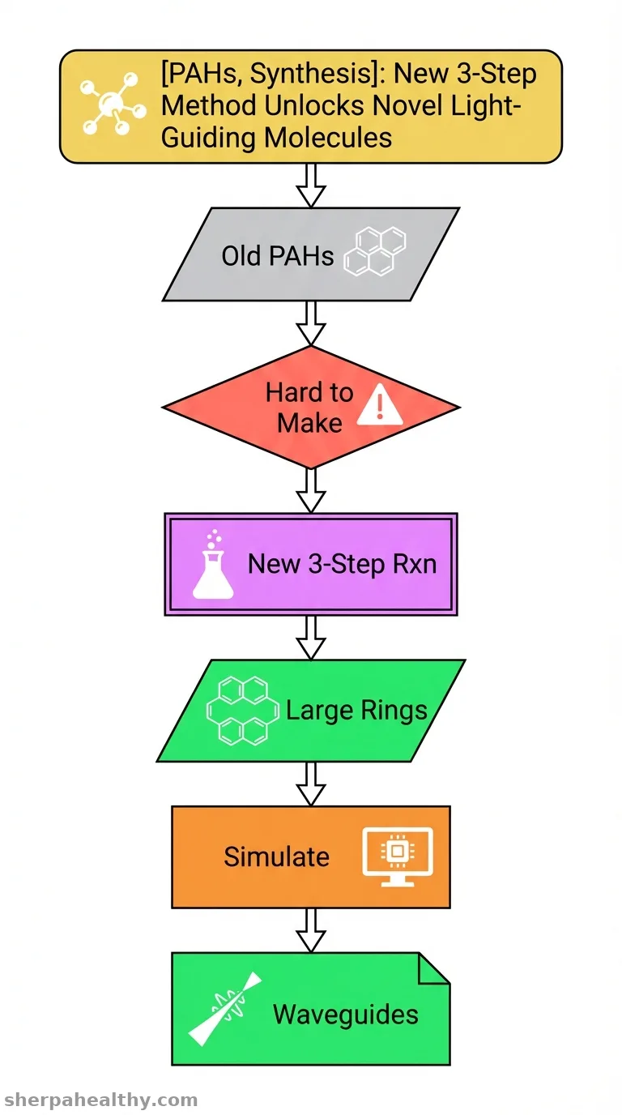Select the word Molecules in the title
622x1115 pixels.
[328, 137]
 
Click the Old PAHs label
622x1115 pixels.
[277, 256]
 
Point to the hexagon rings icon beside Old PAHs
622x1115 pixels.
[375, 251]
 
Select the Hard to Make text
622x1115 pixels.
[309, 408]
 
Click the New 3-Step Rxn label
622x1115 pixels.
[342, 564]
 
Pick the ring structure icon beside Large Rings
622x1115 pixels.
[243, 711]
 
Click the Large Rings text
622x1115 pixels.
[356, 710]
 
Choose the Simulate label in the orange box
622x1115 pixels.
[276, 857]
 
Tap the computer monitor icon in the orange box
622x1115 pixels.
[398, 857]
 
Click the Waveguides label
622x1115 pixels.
[345, 1014]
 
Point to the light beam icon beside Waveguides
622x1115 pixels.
[225, 1009]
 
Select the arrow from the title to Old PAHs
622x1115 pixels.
[311, 186]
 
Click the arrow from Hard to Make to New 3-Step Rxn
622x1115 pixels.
[311, 491]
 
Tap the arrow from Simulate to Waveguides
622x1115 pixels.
[311, 930]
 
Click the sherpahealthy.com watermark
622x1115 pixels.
[100, 1100]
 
